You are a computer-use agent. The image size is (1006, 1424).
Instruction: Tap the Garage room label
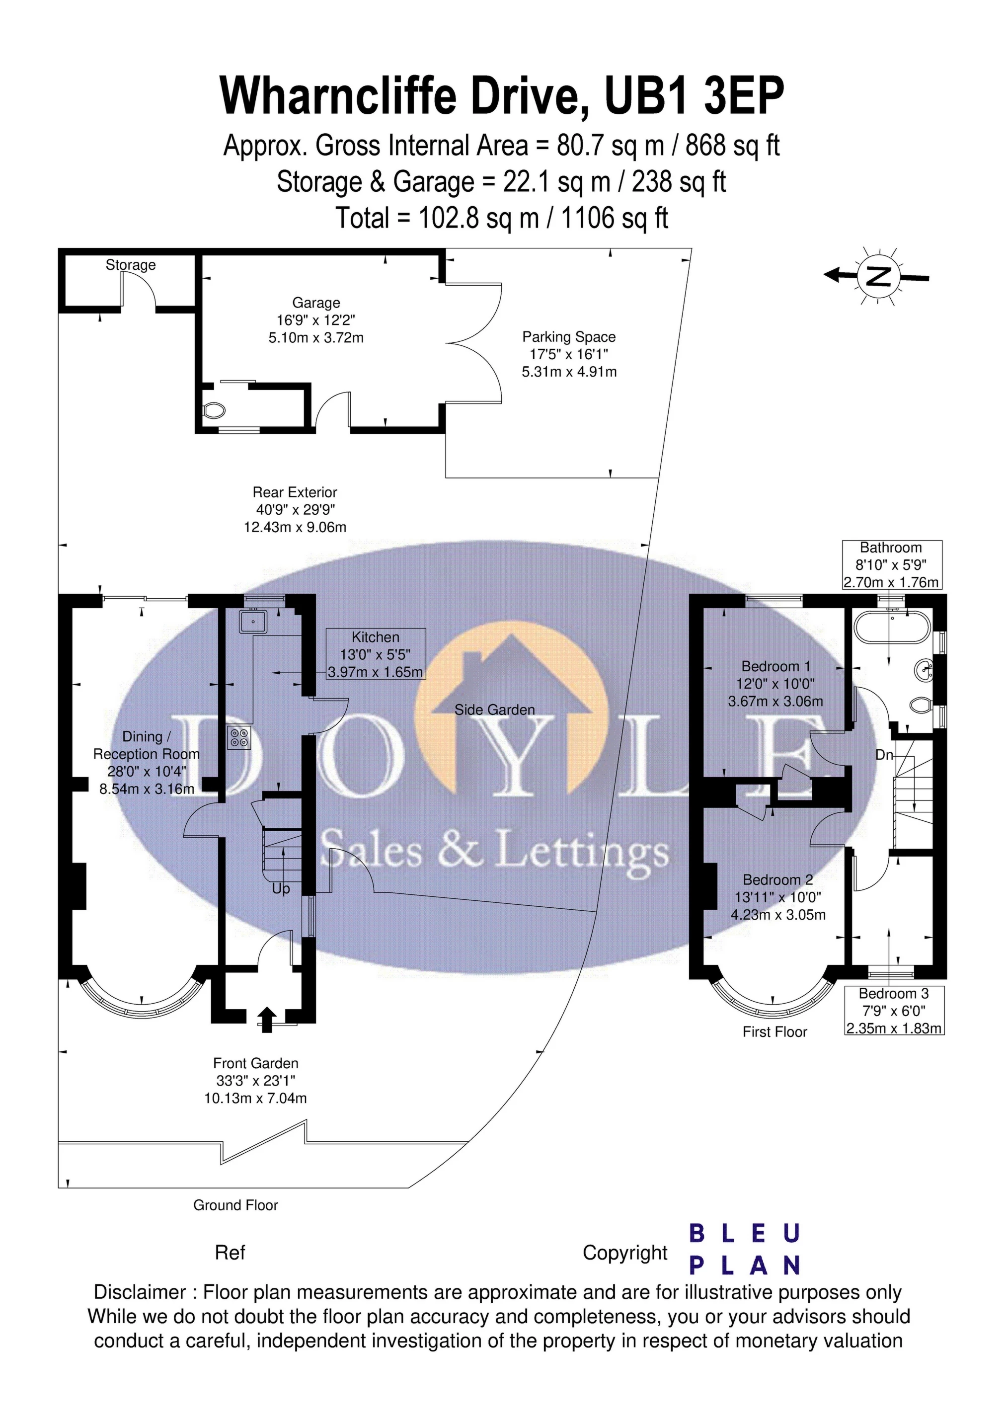click(x=316, y=303)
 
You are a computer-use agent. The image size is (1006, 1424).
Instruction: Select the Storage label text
click(x=130, y=265)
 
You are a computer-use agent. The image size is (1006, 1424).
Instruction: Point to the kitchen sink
click(x=254, y=621)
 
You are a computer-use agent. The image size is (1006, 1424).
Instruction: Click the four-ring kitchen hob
click(x=239, y=737)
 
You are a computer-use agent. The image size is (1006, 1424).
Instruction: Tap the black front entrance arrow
click(x=267, y=1020)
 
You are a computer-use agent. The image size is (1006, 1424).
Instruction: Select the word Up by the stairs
click(x=281, y=889)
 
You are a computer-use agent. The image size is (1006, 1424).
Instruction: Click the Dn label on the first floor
click(x=884, y=755)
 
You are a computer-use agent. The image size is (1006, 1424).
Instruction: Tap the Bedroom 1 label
click(x=775, y=666)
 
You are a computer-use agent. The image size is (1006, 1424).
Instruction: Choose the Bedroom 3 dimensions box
click(x=894, y=1011)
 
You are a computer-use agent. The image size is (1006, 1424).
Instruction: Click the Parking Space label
click(x=569, y=337)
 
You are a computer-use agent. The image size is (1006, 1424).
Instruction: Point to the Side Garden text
click(x=494, y=710)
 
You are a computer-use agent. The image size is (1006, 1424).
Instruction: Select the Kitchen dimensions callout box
click(x=376, y=654)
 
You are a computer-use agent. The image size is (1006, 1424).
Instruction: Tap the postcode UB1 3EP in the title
click(x=695, y=95)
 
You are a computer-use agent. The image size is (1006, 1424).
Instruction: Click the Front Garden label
click(x=255, y=1063)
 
